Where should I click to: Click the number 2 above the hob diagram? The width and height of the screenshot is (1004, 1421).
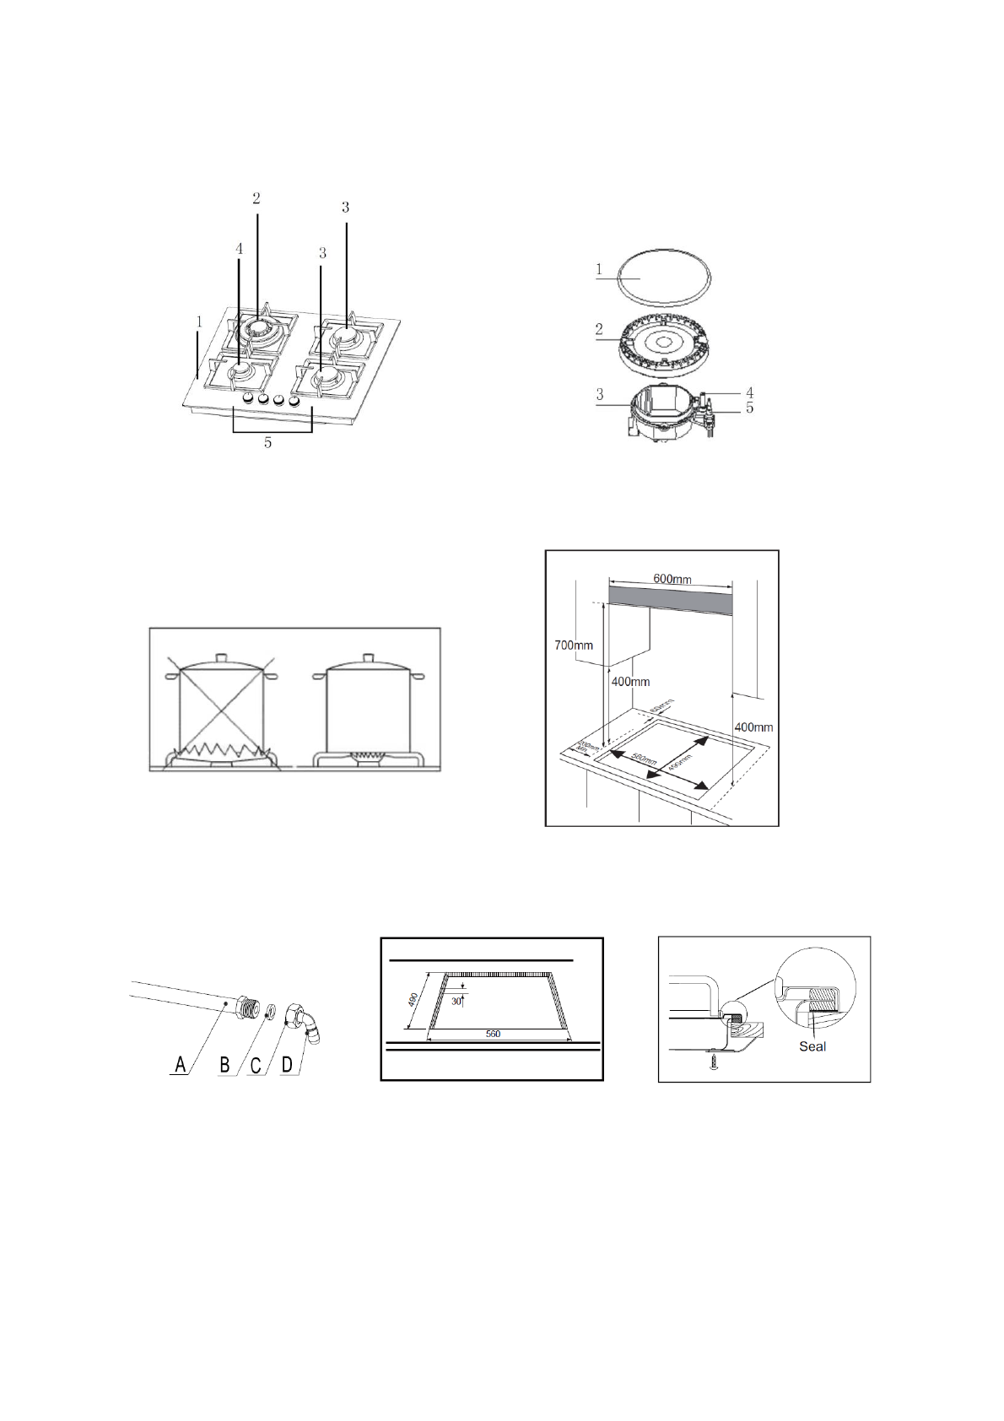[256, 198]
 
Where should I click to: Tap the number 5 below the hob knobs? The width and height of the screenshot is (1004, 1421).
[268, 443]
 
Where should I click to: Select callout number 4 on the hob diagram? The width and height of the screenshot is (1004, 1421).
[240, 249]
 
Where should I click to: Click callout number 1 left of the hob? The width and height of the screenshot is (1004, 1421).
[199, 321]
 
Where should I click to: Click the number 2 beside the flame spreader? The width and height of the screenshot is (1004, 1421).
[599, 329]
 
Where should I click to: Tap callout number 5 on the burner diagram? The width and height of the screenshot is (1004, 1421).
[749, 408]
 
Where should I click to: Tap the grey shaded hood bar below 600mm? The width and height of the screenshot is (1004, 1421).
[671, 601]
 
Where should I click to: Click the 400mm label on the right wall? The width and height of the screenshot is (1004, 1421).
[753, 727]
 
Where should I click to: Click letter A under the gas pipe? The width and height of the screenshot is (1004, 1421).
[180, 1065]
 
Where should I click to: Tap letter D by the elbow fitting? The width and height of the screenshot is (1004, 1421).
[287, 1065]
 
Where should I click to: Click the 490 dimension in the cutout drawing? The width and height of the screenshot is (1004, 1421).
[413, 1000]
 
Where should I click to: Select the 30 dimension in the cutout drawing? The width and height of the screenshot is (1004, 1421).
[456, 1002]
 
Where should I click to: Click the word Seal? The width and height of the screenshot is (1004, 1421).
[812, 1046]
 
